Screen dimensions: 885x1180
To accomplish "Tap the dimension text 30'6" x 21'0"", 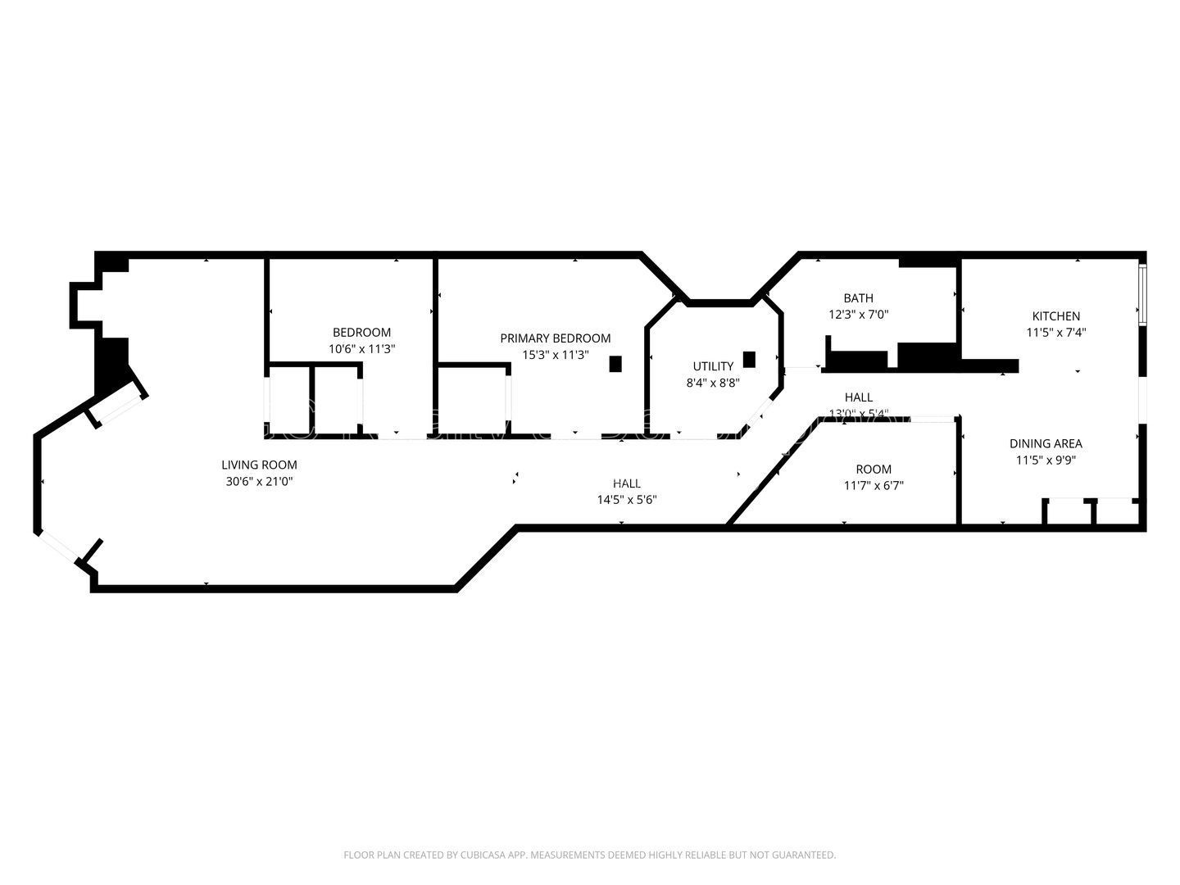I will [x=259, y=482].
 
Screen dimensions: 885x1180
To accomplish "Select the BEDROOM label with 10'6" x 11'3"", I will [x=361, y=332].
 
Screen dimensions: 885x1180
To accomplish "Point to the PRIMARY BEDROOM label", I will [x=555, y=338].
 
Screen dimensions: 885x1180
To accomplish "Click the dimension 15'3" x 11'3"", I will [x=555, y=355].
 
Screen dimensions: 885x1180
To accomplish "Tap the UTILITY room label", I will [x=713, y=366].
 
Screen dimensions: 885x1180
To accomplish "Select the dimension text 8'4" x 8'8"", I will [x=713, y=383].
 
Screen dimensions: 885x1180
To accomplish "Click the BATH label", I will [x=858, y=297].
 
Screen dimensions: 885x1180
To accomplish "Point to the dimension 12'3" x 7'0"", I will [x=858, y=314].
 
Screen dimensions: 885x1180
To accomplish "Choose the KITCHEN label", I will [x=1055, y=315].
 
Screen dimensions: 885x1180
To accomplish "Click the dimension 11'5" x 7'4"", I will [x=1055, y=333].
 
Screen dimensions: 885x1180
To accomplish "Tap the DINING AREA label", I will [x=1045, y=443].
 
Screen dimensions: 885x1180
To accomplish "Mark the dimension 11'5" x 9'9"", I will [x=1045, y=461].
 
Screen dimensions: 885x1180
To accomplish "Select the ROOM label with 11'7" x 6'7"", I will [x=874, y=469].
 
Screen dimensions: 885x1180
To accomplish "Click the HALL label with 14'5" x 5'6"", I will [x=627, y=483].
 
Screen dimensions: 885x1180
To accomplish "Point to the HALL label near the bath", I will [x=858, y=397].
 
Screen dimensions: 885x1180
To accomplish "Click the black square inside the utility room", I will [x=749, y=359].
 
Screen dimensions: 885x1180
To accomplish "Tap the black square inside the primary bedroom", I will [x=615, y=364].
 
